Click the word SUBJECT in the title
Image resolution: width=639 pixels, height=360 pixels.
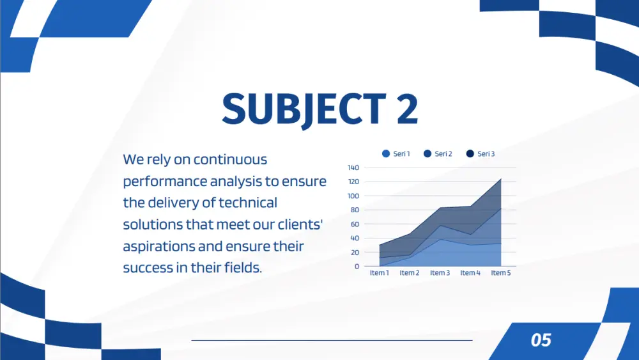(x=304, y=109)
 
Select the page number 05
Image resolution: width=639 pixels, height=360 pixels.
(x=541, y=340)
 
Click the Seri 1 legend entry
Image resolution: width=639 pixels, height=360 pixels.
(x=396, y=153)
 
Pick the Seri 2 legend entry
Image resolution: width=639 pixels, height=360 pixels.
(x=438, y=153)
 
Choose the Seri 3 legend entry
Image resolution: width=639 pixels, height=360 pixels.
(x=481, y=153)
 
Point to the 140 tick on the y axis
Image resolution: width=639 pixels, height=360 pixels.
(x=353, y=168)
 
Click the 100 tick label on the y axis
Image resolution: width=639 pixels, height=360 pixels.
(x=353, y=196)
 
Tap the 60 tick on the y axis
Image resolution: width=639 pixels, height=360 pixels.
(x=355, y=224)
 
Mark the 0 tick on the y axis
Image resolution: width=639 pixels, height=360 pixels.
(x=357, y=266)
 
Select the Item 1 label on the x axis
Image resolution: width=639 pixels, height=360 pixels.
(x=380, y=273)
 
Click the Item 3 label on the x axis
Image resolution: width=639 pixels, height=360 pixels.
(x=440, y=273)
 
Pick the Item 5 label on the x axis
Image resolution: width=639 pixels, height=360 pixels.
(x=501, y=273)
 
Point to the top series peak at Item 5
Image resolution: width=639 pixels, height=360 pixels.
(x=501, y=178)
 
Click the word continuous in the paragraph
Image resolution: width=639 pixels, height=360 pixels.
(x=230, y=159)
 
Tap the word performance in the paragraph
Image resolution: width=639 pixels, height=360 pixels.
(x=165, y=182)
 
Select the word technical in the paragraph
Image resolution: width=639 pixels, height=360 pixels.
(x=248, y=203)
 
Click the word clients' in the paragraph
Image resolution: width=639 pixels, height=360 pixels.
(x=300, y=224)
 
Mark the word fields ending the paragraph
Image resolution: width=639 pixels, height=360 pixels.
(x=242, y=268)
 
